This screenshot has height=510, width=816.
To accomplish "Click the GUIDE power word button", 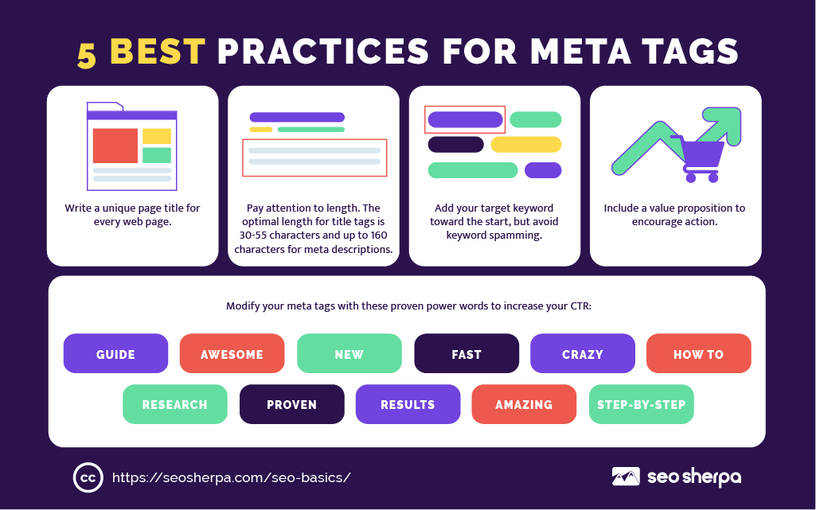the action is click(x=115, y=353).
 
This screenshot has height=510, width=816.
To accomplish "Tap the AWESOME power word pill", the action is click(x=232, y=353).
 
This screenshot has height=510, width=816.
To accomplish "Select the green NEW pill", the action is click(x=349, y=353).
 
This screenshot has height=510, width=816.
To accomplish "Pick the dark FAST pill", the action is click(x=467, y=353).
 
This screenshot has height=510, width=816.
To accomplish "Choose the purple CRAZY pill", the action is click(x=582, y=353).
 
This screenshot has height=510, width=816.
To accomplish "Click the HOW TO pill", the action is click(x=699, y=353).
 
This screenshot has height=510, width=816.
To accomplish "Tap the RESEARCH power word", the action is click(x=175, y=404).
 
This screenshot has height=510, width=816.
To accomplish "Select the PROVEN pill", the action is click(x=291, y=404).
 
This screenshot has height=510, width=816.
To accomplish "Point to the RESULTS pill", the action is click(x=408, y=404).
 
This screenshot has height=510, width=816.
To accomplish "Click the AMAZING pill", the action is click(x=524, y=404).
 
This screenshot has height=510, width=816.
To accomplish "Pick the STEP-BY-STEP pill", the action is click(x=641, y=404).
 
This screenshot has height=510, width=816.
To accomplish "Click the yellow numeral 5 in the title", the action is click(x=87, y=55).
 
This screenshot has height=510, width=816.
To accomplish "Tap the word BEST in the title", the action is click(x=158, y=52).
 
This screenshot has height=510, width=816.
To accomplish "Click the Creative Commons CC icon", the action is click(x=88, y=477).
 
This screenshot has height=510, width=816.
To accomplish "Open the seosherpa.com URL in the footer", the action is click(x=232, y=477).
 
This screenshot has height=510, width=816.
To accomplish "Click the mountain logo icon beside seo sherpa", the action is click(x=626, y=477).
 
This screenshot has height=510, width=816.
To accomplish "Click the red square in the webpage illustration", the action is click(x=115, y=146).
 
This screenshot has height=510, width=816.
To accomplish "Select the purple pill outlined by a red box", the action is click(x=465, y=119).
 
